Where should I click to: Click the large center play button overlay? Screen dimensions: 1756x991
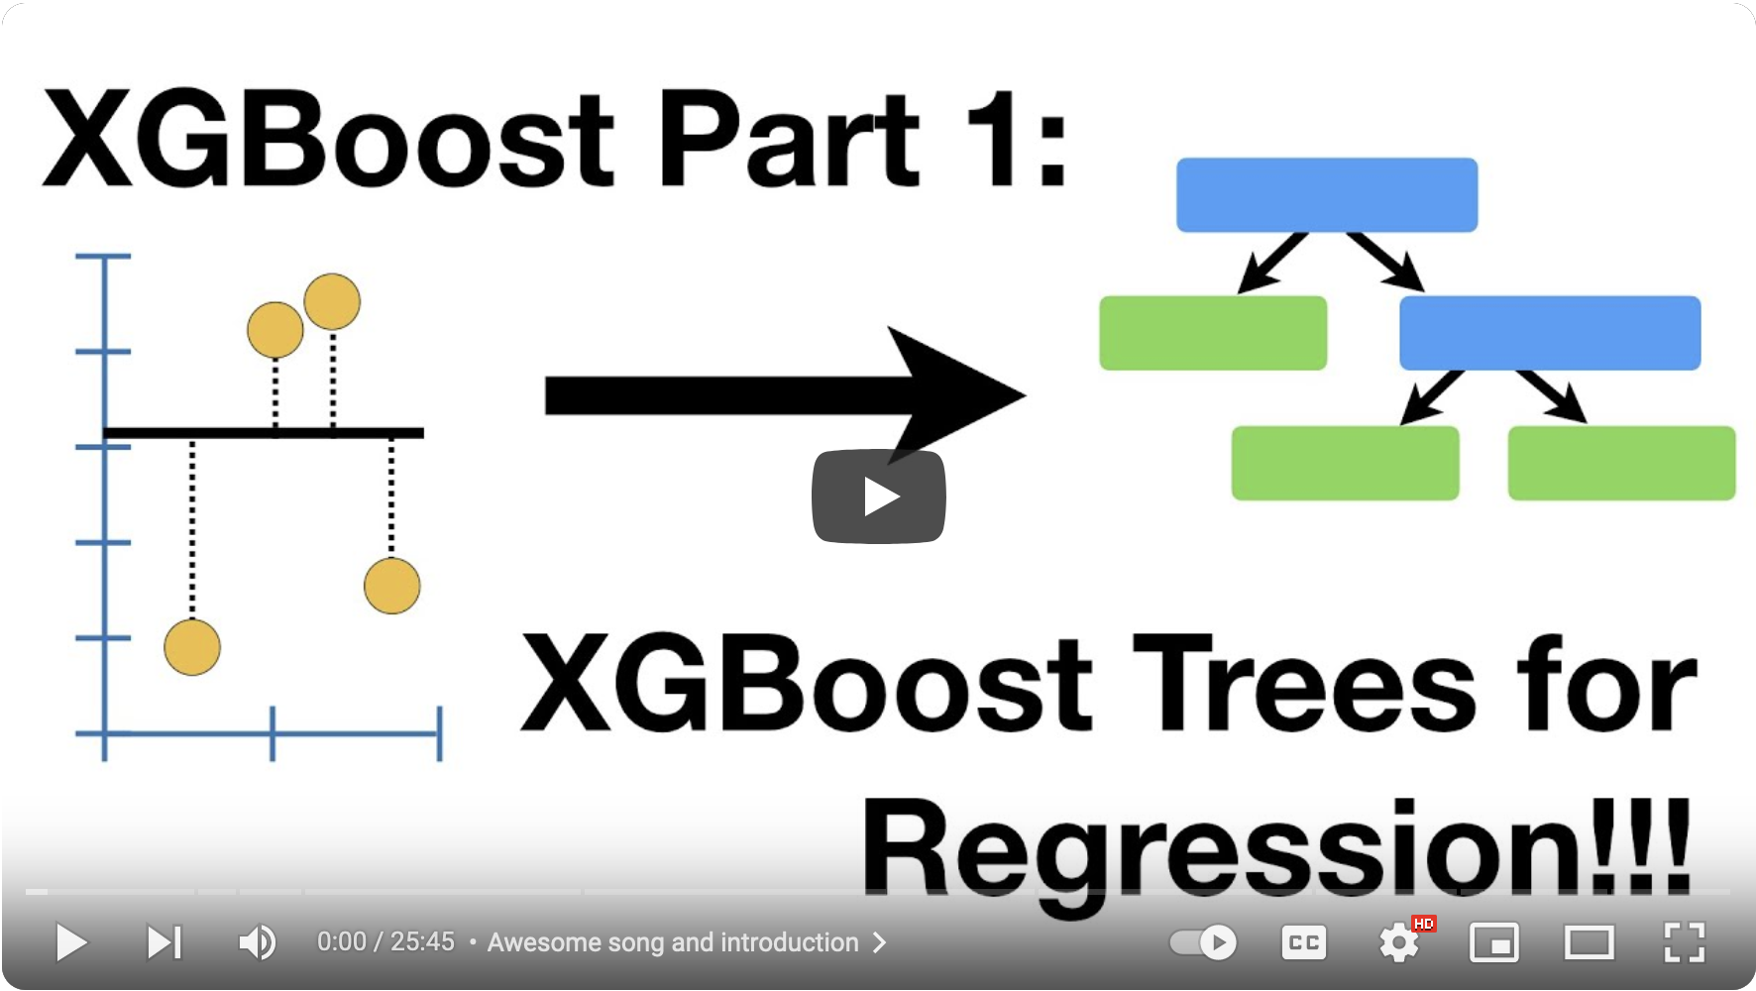coord(878,496)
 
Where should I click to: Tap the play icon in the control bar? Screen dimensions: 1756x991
coord(71,942)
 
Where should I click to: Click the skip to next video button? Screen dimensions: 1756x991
coord(165,942)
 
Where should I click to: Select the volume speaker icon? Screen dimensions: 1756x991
coord(258,942)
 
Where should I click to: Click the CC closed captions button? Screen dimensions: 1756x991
coord(1303,942)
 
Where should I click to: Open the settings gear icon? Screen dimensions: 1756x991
coord(1399,942)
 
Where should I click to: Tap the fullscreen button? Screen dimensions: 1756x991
coord(1684,942)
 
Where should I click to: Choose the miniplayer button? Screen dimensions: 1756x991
coord(1493,942)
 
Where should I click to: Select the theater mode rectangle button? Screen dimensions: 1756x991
coord(1589,942)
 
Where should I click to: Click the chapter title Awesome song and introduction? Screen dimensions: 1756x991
coord(673,942)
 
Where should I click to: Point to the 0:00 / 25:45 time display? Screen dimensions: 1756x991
coord(385,941)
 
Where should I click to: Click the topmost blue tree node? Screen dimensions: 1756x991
coord(1327,194)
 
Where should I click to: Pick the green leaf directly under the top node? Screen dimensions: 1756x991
coord(1213,333)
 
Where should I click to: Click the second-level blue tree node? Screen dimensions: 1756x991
coord(1550,333)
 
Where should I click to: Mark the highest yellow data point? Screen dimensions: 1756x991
coord(332,301)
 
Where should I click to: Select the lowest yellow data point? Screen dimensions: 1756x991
coord(192,647)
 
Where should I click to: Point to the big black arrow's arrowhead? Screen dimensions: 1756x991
coord(956,395)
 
